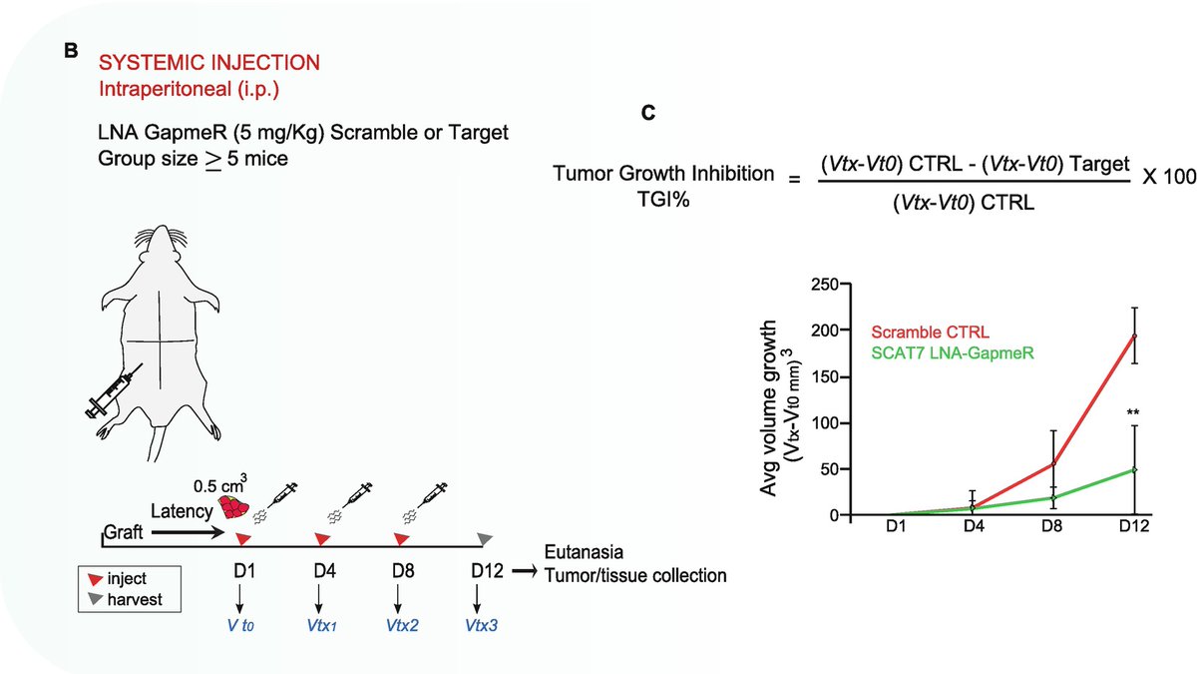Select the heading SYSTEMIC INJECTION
209,63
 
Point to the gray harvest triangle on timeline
485,539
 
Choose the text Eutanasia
583,553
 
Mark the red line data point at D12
1133,336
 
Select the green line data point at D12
1133,469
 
